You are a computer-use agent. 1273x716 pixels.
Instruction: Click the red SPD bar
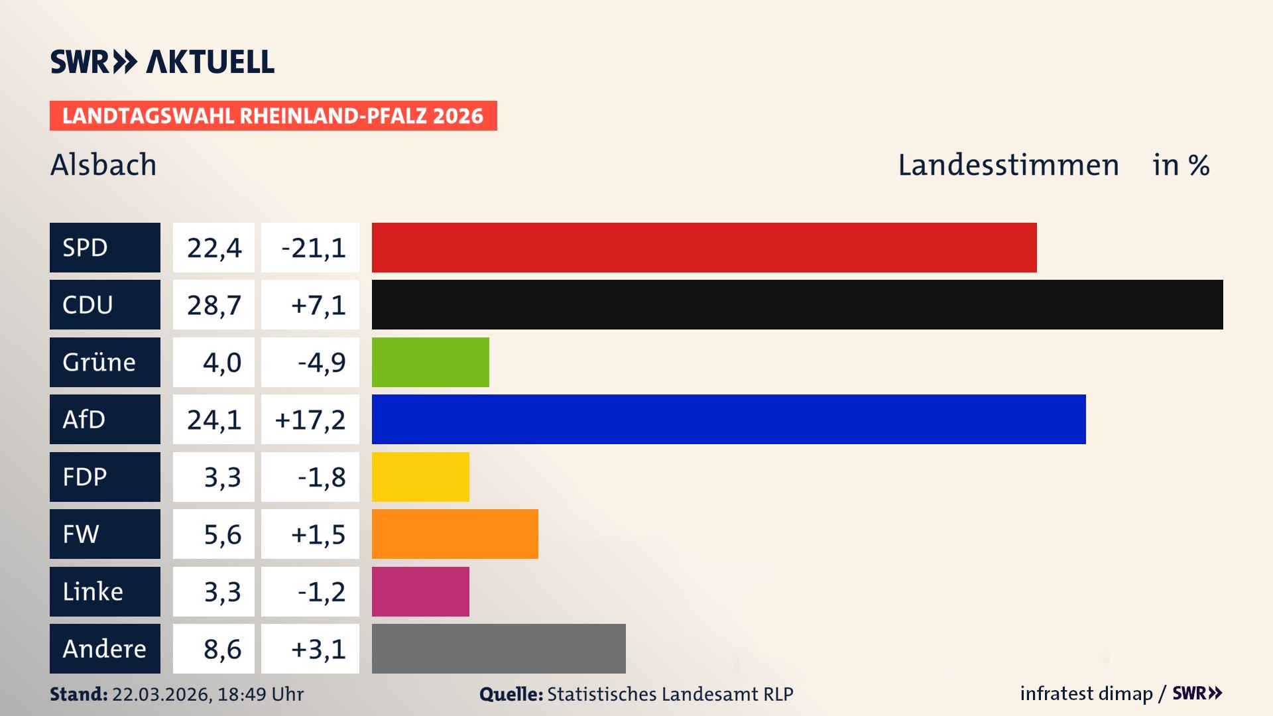click(704, 247)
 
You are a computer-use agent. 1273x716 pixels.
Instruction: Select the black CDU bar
click(797, 304)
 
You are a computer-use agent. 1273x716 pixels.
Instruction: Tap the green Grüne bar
click(430, 362)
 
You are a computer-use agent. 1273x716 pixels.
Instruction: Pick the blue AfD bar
click(729, 419)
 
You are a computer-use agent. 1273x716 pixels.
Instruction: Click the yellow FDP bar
click(420, 477)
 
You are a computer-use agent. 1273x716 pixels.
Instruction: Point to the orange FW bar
click(455, 534)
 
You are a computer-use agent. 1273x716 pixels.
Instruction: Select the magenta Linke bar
click(420, 591)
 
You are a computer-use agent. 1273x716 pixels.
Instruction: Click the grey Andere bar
click(499, 648)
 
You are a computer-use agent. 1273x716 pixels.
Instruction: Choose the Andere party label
click(105, 648)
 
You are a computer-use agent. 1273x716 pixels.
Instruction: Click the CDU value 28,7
click(213, 305)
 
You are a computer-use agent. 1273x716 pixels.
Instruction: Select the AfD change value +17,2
click(310, 420)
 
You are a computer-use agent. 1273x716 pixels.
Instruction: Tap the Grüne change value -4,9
click(321, 363)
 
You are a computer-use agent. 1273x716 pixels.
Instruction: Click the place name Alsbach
click(103, 164)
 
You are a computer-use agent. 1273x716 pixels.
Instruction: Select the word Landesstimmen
click(1008, 164)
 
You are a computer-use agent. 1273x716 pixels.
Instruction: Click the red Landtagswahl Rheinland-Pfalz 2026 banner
click(273, 115)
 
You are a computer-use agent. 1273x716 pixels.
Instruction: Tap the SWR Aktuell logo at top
click(162, 62)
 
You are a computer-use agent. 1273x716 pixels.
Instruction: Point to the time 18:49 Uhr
click(261, 694)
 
